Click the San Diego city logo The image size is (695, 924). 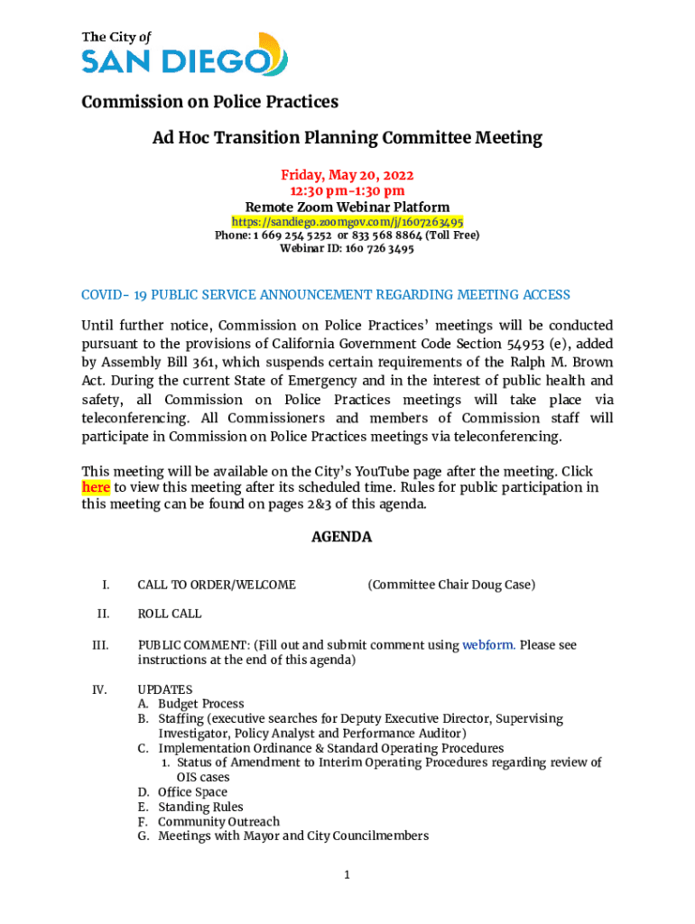click(x=184, y=53)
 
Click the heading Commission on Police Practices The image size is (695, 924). click(x=209, y=101)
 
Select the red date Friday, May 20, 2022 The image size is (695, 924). click(x=347, y=175)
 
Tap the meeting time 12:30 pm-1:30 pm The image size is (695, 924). click(x=347, y=190)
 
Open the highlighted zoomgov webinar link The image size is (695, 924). click(x=347, y=221)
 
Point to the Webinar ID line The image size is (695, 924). click(x=347, y=249)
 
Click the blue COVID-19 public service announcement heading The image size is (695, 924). click(x=326, y=295)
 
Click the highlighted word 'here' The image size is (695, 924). click(x=96, y=487)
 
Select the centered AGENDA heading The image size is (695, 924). click(x=341, y=537)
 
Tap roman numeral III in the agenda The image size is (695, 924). click(x=100, y=645)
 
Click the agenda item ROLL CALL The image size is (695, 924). click(x=169, y=614)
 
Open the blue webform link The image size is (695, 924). click(x=488, y=645)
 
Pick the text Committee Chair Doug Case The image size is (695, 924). click(x=451, y=585)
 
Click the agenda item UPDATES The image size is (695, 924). click(x=164, y=689)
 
